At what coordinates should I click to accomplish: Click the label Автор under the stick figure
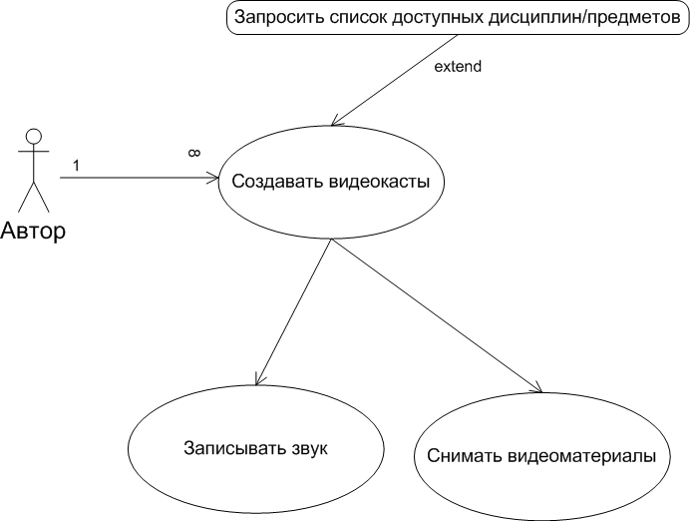click(33, 232)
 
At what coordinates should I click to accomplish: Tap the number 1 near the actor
click(76, 164)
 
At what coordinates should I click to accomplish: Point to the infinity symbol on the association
click(194, 153)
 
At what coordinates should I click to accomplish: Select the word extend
click(458, 68)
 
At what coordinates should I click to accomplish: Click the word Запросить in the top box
click(276, 18)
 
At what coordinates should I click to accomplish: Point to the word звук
click(308, 448)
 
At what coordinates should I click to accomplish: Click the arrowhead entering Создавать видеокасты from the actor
click(213, 179)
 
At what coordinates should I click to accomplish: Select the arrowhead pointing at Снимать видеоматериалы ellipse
click(538, 389)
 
